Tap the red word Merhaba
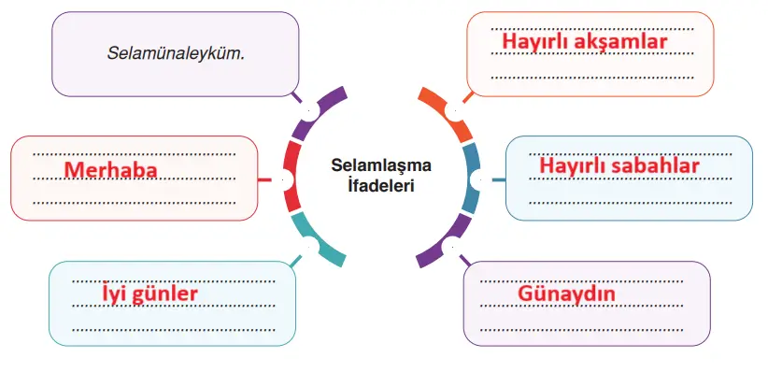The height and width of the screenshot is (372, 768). pyautogui.click(x=109, y=169)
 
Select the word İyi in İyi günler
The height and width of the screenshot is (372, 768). pyautogui.click(x=113, y=295)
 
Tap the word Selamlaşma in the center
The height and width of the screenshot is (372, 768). pyautogui.click(x=381, y=165)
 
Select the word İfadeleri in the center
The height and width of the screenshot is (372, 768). pyautogui.click(x=381, y=185)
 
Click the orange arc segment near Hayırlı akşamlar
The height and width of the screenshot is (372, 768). pyautogui.click(x=446, y=110)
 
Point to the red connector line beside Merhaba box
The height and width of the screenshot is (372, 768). pyautogui.click(x=264, y=178)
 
